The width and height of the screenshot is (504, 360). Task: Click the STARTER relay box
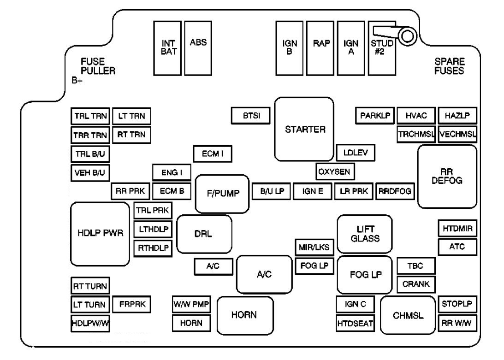click(x=304, y=129)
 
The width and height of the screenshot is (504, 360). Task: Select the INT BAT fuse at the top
click(x=168, y=48)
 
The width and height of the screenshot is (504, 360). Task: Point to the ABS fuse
click(x=198, y=48)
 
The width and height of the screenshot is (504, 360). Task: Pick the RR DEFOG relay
click(x=447, y=177)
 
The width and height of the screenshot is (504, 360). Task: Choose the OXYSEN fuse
click(x=335, y=172)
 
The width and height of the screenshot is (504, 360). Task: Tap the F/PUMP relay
click(x=222, y=193)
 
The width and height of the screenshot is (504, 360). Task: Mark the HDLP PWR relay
click(x=100, y=233)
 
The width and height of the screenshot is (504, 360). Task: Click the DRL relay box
click(x=204, y=234)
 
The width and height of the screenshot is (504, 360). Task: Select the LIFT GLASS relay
click(x=365, y=234)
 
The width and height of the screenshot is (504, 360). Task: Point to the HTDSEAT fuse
click(x=355, y=324)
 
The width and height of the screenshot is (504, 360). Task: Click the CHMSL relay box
click(x=408, y=316)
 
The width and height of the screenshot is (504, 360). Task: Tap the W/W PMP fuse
click(x=191, y=304)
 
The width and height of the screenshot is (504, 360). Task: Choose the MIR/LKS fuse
click(x=314, y=247)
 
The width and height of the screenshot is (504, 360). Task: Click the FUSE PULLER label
click(x=98, y=66)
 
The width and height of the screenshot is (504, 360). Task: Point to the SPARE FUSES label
click(x=449, y=66)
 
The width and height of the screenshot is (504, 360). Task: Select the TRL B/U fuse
click(x=90, y=153)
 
